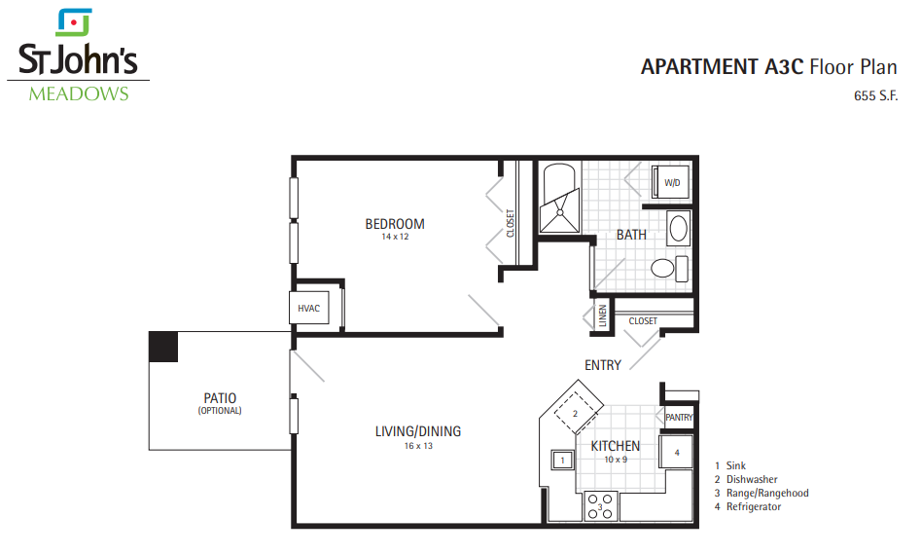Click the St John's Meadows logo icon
pyautogui.click(x=74, y=22)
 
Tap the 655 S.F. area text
pyautogui.click(x=875, y=95)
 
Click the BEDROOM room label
pyautogui.click(x=395, y=224)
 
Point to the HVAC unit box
pyautogui.click(x=309, y=308)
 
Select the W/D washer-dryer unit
pyautogui.click(x=671, y=183)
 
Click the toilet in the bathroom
pyautogui.click(x=670, y=269)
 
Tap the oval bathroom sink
pyautogui.click(x=679, y=228)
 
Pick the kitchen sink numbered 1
pyautogui.click(x=562, y=460)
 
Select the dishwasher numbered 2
pyautogui.click(x=576, y=413)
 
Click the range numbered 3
pyautogui.click(x=600, y=505)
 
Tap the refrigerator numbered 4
pyautogui.click(x=677, y=452)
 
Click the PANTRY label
pyautogui.click(x=679, y=418)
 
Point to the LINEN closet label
pyautogui.click(x=602, y=315)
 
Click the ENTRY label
pyautogui.click(x=603, y=366)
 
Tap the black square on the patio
pyautogui.click(x=163, y=347)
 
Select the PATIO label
pyautogui.click(x=220, y=398)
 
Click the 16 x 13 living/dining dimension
pyautogui.click(x=418, y=446)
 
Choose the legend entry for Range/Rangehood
pyautogui.click(x=762, y=494)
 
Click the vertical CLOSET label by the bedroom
pyautogui.click(x=511, y=223)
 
